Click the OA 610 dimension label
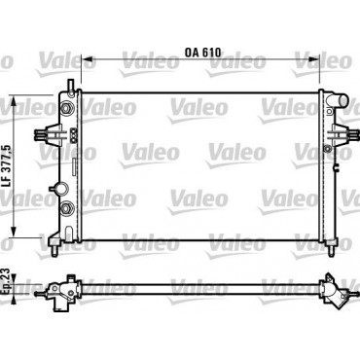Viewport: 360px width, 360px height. click(203, 53)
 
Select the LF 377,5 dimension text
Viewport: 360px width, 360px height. click(7, 165)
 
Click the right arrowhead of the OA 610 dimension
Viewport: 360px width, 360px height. click(313, 59)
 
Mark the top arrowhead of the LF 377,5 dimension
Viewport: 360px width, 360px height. click(14, 101)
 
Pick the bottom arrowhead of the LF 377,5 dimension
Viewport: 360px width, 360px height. click(14, 232)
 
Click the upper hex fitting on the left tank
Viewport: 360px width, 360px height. click(66, 108)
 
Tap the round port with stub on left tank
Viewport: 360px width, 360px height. click(60, 189)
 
